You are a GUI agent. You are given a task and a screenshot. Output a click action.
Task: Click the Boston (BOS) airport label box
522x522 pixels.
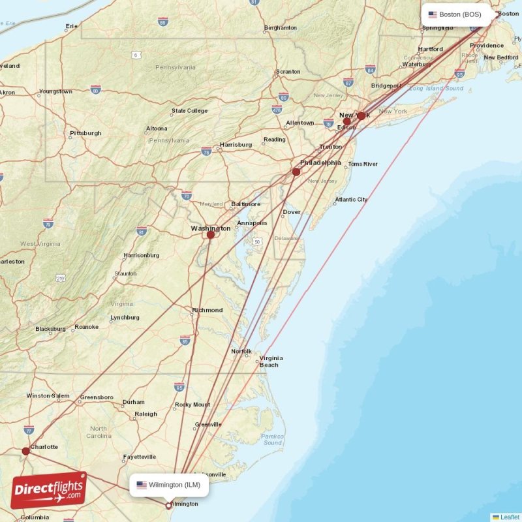click(455, 14)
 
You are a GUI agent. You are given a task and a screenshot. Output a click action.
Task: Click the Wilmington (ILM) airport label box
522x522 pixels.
click(169, 485)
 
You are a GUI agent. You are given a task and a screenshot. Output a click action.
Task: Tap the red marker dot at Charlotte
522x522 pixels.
click(25, 451)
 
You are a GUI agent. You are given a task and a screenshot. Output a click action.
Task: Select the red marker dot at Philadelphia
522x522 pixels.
click(296, 172)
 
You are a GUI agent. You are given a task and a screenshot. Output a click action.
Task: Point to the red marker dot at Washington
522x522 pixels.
click(210, 235)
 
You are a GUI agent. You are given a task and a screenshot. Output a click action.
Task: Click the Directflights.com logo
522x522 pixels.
click(48, 490)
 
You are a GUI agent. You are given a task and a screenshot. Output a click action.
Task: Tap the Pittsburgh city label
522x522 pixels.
click(85, 133)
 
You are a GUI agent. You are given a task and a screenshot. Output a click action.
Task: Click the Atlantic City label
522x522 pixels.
click(351, 200)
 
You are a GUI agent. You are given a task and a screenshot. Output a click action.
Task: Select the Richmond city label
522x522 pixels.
click(207, 310)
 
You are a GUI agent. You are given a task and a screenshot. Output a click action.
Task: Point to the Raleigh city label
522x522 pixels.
click(146, 414)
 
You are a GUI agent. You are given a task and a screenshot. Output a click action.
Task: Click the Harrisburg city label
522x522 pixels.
click(236, 144)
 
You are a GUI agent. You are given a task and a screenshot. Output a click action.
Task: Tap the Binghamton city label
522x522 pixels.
click(281, 28)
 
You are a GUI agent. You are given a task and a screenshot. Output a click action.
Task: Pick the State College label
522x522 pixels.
click(189, 111)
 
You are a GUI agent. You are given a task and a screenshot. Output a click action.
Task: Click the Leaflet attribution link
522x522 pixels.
click(510, 517)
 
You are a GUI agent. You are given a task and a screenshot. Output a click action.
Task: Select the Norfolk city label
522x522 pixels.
click(241, 352)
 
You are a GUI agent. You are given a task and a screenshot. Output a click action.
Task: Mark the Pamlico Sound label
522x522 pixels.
click(272, 439)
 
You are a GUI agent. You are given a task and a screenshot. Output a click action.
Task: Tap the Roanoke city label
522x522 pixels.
click(86, 326)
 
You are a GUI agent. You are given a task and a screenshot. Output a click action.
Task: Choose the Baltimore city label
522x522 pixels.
click(245, 204)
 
